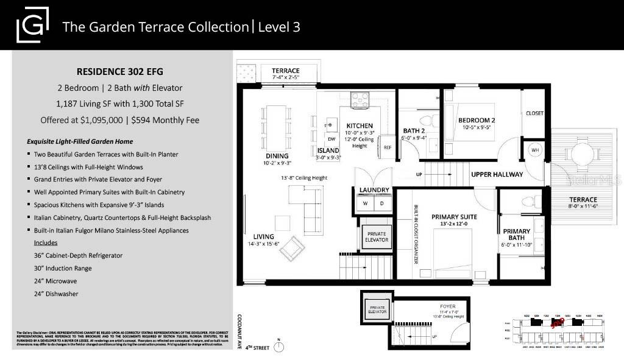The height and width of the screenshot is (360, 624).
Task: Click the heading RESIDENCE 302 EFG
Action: pyautogui.click(x=120, y=71)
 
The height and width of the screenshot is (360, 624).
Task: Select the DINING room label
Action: pyautogui.click(x=277, y=156)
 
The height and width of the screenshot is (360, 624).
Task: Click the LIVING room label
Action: pyautogui.click(x=264, y=236)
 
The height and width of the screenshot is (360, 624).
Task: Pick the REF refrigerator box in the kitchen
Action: pyautogui.click(x=387, y=147)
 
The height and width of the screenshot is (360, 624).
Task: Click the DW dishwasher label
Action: pyautogui.click(x=331, y=139)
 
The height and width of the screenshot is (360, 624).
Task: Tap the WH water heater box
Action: pyautogui.click(x=535, y=149)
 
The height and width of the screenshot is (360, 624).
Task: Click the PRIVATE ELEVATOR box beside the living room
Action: pyautogui.click(x=376, y=236)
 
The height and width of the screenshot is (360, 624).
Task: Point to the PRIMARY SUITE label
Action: pyautogui.click(x=454, y=216)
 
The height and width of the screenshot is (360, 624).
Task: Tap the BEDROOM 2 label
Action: pyautogui.click(x=477, y=120)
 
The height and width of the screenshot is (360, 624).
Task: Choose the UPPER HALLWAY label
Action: pyautogui.click(x=497, y=174)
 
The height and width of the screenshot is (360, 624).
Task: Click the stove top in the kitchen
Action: pyautogui.click(x=359, y=99)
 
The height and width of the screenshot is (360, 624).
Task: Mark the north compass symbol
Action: pyautogui.click(x=279, y=347)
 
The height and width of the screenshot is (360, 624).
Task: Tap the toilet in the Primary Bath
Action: pyautogui.click(x=528, y=201)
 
